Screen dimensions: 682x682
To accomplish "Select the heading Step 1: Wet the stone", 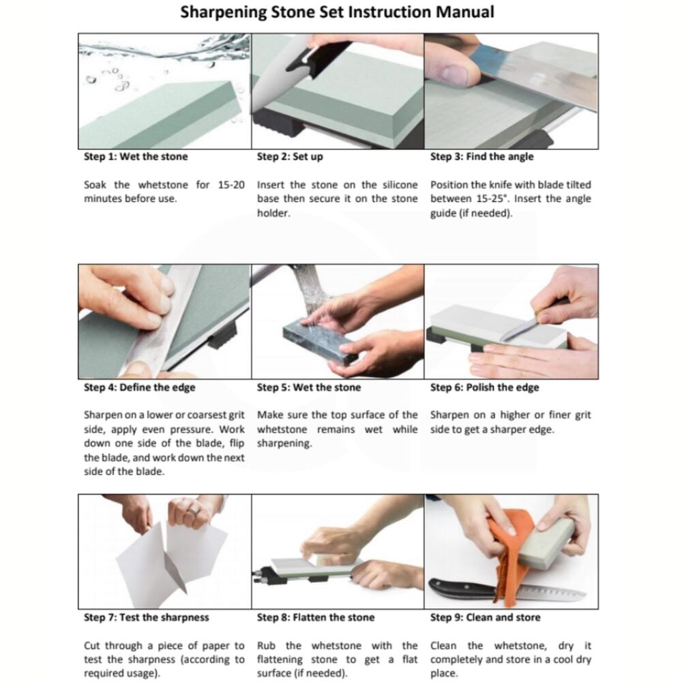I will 136,157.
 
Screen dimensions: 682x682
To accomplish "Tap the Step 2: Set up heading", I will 290,157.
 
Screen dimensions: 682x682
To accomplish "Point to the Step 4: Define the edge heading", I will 139,387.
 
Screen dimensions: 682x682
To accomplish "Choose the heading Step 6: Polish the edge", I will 484,387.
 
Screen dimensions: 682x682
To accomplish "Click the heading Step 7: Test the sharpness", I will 146,617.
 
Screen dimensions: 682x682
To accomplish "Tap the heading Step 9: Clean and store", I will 485,617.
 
